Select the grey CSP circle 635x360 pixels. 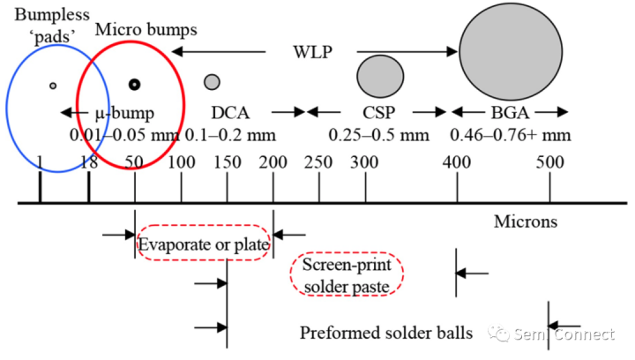[x=380, y=76]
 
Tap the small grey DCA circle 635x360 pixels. [x=212, y=82]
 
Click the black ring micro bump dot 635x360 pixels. [x=134, y=84]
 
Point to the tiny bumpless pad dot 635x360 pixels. [x=53, y=85]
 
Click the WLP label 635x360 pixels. [x=312, y=51]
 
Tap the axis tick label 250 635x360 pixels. [x=317, y=162]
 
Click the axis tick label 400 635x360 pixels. [x=456, y=162]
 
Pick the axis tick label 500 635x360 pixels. [x=549, y=162]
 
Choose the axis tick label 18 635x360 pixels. [x=87, y=162]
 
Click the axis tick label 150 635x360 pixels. [x=228, y=162]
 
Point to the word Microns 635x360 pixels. [x=525, y=221]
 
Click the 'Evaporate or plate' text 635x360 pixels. [x=204, y=244]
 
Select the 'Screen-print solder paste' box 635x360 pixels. [x=346, y=276]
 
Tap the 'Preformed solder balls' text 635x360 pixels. [x=386, y=333]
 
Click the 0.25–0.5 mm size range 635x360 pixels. [x=379, y=135]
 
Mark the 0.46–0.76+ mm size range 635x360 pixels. [x=511, y=135]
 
